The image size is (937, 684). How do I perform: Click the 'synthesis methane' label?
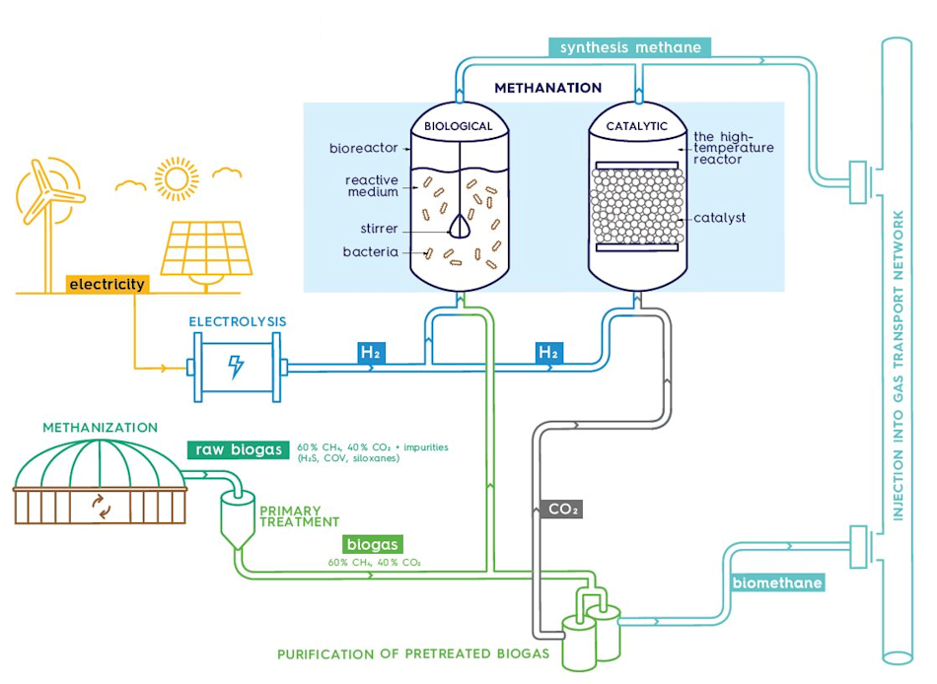coord(630,47)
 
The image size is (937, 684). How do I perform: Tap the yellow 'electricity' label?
coord(107,284)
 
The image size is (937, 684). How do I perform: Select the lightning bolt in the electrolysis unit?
coord(236,367)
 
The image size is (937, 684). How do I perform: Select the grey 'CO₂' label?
coord(563,510)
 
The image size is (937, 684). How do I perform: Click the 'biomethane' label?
coord(776,582)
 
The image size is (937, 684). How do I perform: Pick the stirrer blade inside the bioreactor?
coord(459,227)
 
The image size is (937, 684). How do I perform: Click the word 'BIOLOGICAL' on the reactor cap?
coord(458,127)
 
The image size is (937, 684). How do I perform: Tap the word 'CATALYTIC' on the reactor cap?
coord(636,126)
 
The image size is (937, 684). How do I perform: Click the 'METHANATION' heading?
coord(547,88)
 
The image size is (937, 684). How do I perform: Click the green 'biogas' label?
coord(373,544)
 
